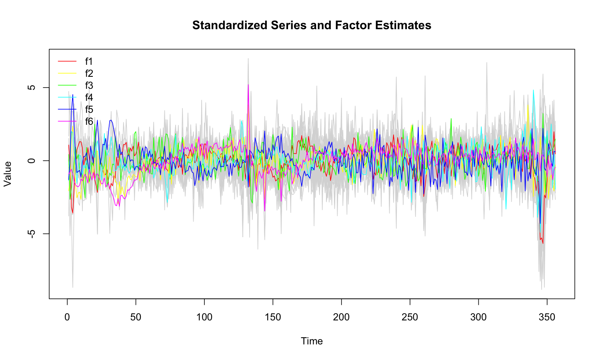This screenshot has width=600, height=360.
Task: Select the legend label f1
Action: pos(89,62)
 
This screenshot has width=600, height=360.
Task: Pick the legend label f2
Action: pos(89,74)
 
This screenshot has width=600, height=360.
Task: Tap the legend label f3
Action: pos(89,86)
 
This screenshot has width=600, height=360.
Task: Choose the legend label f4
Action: pos(89,98)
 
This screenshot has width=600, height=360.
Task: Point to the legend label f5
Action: pos(89,110)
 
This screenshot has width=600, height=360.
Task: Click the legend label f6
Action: pos(89,122)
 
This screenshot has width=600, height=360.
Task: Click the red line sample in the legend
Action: pos(67,62)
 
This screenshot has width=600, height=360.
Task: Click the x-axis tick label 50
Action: pos(136,317)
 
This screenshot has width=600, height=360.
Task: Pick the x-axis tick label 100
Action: pos(204,317)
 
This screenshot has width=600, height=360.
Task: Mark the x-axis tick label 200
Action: pos(341,317)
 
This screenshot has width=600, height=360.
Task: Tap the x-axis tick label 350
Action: pos(547,317)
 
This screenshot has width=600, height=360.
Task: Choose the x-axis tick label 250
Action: pos(410,317)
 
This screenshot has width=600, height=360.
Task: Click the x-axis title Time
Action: pos(312,341)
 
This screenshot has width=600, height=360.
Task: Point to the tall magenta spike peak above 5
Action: pos(248,85)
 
